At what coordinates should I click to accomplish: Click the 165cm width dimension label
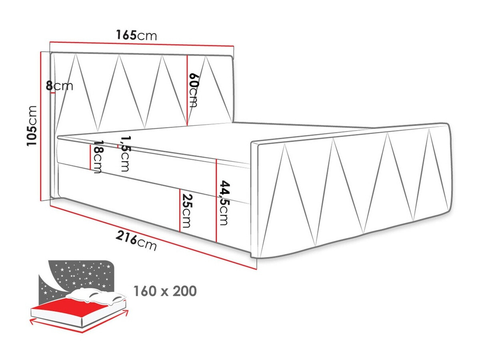click(136, 35)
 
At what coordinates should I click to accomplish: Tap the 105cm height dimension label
click(32, 126)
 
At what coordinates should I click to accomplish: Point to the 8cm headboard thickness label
click(60, 86)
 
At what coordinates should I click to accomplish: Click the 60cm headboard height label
click(194, 90)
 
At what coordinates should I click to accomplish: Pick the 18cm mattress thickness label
click(97, 157)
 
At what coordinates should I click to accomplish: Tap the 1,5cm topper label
click(124, 154)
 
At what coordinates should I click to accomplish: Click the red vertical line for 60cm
click(187, 90)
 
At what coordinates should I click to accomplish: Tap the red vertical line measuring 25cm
click(180, 210)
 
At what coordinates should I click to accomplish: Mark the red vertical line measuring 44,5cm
click(216, 200)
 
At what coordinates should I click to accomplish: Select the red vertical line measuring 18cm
click(90, 156)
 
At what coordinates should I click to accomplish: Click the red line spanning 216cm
click(152, 236)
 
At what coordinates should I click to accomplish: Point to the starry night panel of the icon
click(80, 276)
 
